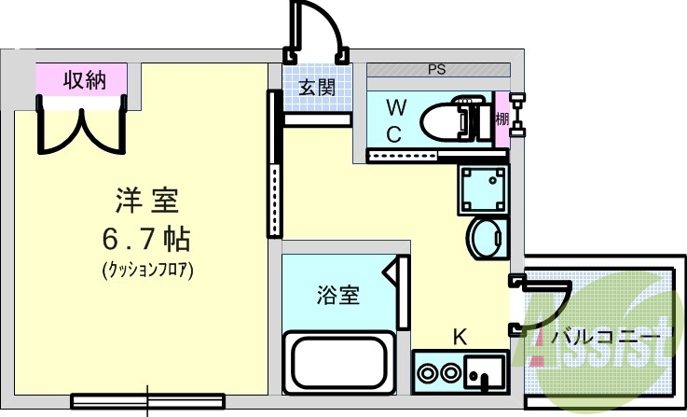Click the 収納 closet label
pyautogui.click(x=85, y=80)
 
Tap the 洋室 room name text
pyautogui.click(x=146, y=201)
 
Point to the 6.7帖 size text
pyautogui.click(x=146, y=240)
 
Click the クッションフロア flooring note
pyautogui.click(x=147, y=271)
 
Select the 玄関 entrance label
pyautogui.click(x=317, y=88)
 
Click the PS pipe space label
pyautogui.click(x=437, y=69)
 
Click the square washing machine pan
pyautogui.click(x=483, y=190)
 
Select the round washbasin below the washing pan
pyautogui.click(x=487, y=239)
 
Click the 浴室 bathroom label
pyautogui.click(x=338, y=295)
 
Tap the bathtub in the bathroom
pyautogui.click(x=339, y=363)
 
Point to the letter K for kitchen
pyautogui.click(x=460, y=338)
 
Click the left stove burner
pyautogui.click(x=427, y=373)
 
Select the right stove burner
pyautogui.click(x=449, y=373)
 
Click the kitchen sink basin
pyautogui.click(x=484, y=372)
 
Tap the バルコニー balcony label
pyautogui.click(x=605, y=337)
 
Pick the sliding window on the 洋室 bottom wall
pyautogui.click(x=148, y=401)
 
